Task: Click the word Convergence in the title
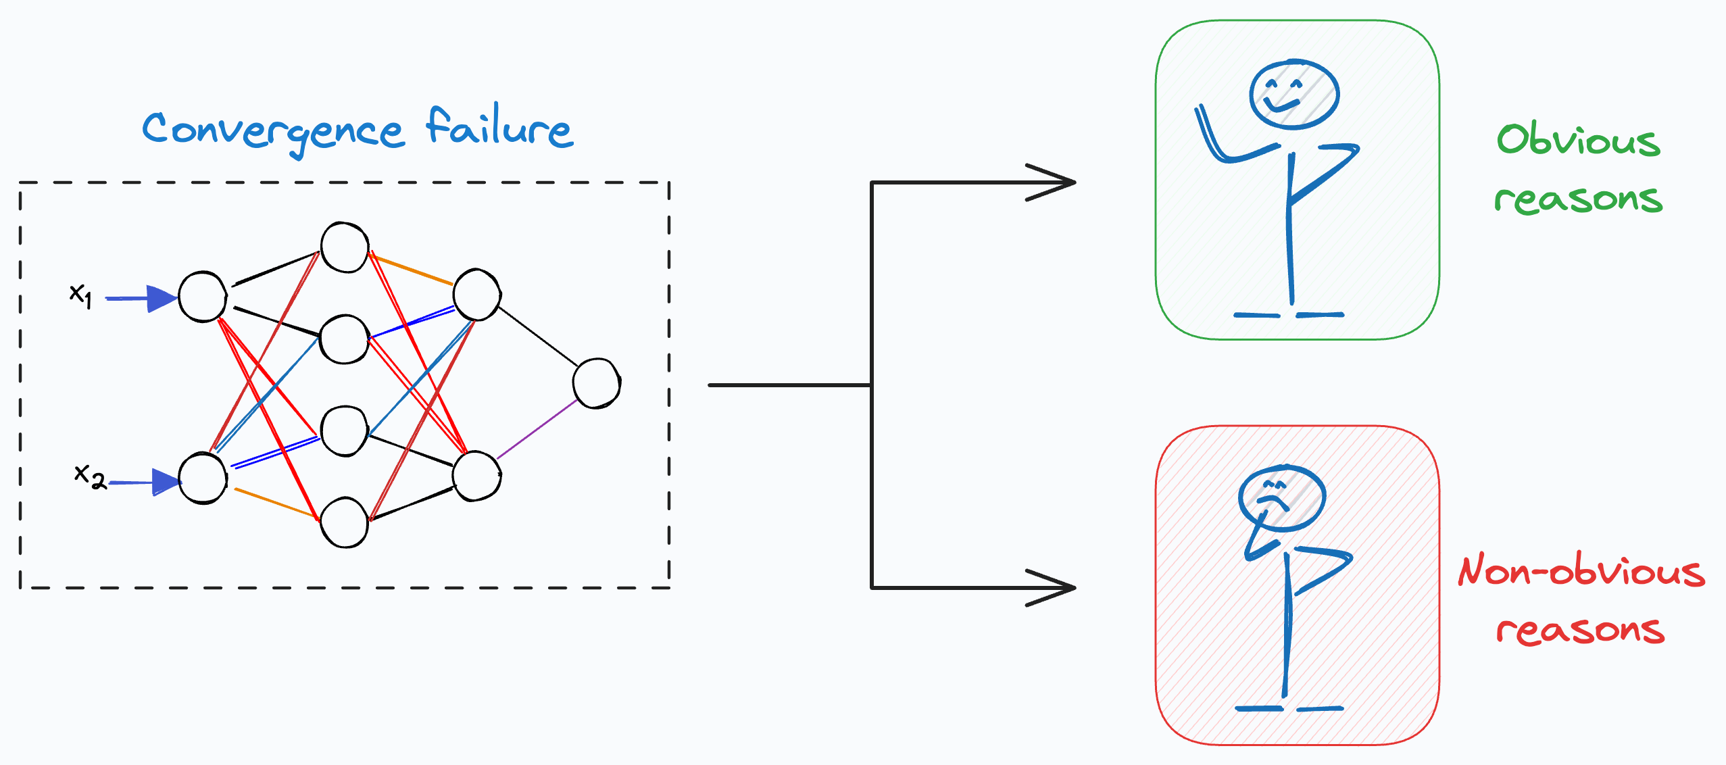[x=273, y=130]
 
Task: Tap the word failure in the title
[x=499, y=126]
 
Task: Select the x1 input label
[x=80, y=295]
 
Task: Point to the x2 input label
[x=89, y=476]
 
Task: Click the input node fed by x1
[x=202, y=297]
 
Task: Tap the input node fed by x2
[x=203, y=478]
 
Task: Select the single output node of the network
[x=596, y=383]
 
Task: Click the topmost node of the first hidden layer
[x=345, y=247]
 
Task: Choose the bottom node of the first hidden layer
[x=345, y=522]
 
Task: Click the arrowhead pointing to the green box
[x=1054, y=182]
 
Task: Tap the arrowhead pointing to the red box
[x=1054, y=588]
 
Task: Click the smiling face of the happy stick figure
[x=1293, y=95]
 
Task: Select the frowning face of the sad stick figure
[x=1281, y=498]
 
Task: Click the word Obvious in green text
[x=1578, y=140]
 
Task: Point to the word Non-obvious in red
[x=1581, y=571]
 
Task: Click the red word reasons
[x=1580, y=630]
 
